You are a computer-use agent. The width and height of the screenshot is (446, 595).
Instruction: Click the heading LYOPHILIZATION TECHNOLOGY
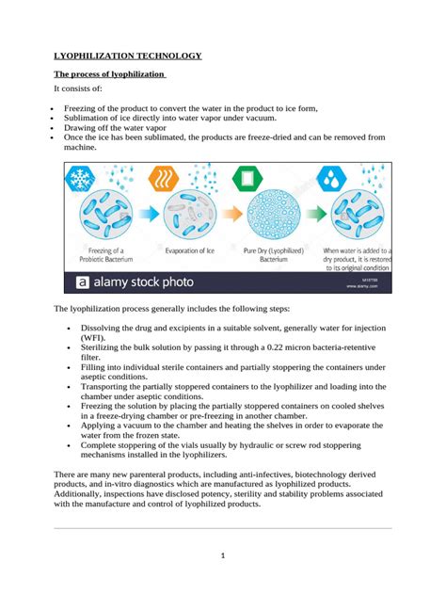[127, 56]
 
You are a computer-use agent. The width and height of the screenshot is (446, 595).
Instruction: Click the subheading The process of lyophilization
[109, 74]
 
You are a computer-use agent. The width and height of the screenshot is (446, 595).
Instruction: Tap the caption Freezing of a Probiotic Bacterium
[102, 255]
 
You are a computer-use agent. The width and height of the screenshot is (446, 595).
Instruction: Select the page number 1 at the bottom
[222, 555]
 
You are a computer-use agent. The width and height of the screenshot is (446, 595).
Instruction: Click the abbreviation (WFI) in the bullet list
[91, 336]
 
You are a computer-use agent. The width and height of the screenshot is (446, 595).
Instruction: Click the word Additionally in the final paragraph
[84, 491]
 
